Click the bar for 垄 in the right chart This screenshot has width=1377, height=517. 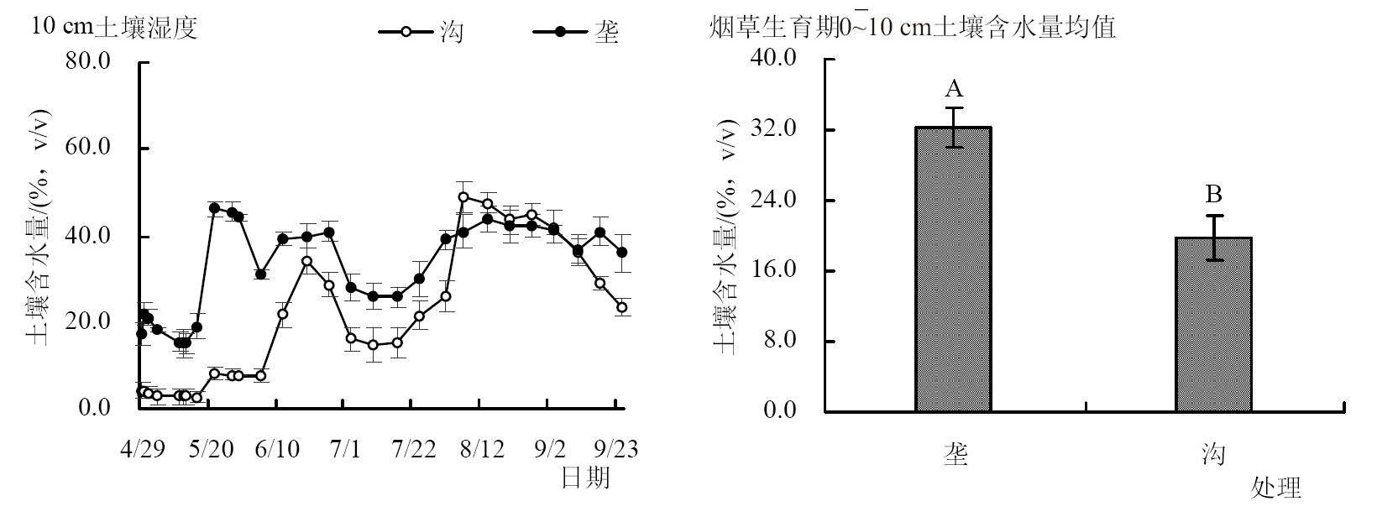coord(953,269)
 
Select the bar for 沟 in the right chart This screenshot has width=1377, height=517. coord(1213,324)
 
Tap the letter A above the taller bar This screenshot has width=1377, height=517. coord(954,88)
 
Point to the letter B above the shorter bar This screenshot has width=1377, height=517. coord(1213,195)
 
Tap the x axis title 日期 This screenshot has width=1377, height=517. coord(585,478)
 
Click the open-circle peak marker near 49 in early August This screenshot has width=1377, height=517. coord(463,197)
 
